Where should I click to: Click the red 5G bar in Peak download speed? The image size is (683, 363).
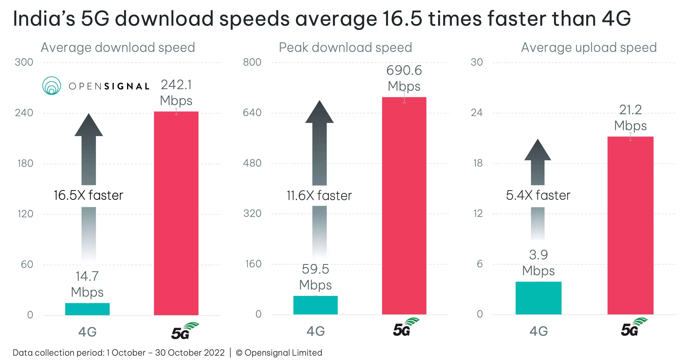point(404,206)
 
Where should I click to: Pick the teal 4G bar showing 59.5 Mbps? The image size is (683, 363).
point(315,305)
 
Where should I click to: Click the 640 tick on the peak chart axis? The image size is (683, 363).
point(252,113)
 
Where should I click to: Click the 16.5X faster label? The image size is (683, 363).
point(88,195)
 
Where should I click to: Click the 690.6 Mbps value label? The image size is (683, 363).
point(404,78)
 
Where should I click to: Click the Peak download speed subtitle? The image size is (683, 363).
point(345,48)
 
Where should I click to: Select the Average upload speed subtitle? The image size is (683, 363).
point(589,48)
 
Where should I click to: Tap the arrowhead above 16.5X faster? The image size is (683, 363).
point(89,126)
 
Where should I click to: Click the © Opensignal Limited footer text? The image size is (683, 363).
point(279,353)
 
